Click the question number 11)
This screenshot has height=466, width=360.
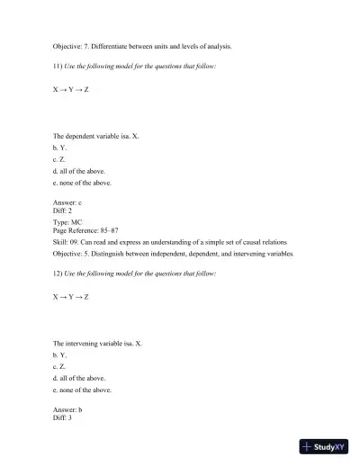[58, 67]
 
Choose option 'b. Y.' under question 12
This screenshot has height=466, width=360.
[60, 355]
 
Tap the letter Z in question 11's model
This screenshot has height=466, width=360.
[86, 91]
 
